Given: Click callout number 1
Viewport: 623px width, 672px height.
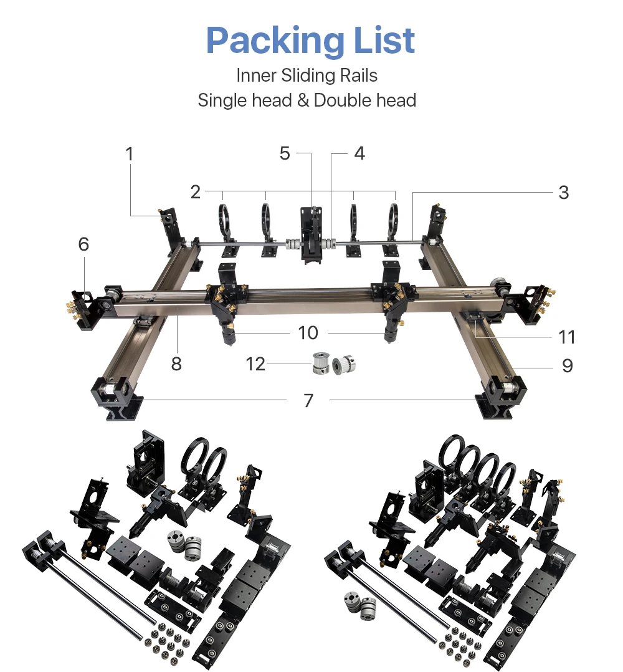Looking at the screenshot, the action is pos(130,154).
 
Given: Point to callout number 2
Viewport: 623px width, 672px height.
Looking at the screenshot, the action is pos(196,191).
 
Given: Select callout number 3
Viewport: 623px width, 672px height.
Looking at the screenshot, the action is pos(564,193).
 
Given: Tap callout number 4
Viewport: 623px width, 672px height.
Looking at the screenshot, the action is pos(359,153).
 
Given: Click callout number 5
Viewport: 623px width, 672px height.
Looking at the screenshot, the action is pos(285,153).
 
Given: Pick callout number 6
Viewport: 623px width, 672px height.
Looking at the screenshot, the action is pos(83,244).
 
